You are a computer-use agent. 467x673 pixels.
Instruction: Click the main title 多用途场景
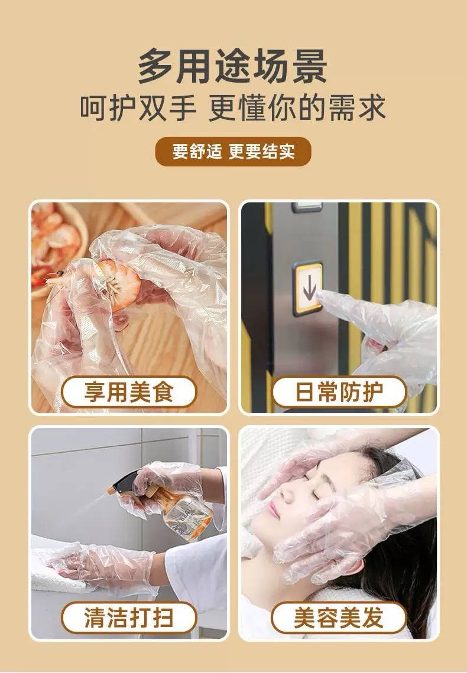[x=232, y=67]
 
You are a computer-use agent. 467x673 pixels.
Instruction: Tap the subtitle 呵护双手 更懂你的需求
[x=233, y=107]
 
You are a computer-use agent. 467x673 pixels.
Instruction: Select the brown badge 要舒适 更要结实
[x=233, y=151]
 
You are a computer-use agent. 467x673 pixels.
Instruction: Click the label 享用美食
[x=129, y=391]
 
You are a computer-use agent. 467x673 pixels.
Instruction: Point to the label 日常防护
[x=339, y=391]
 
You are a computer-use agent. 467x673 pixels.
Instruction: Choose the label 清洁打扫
[x=129, y=617]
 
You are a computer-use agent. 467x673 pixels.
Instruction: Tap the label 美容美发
[x=339, y=617]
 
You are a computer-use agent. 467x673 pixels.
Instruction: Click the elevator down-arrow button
[x=307, y=288]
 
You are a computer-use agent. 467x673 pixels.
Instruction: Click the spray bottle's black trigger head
[x=125, y=481]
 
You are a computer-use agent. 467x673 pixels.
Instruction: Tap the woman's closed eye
[x=316, y=494]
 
